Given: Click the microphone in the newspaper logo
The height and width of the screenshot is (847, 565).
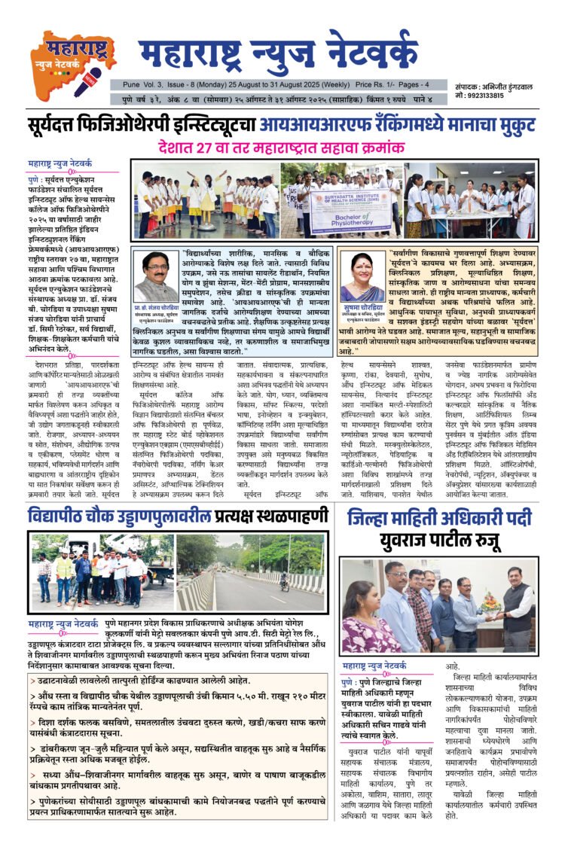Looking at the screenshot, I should (x=85, y=78).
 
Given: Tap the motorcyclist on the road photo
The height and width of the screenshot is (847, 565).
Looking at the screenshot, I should (x=284, y=580).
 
